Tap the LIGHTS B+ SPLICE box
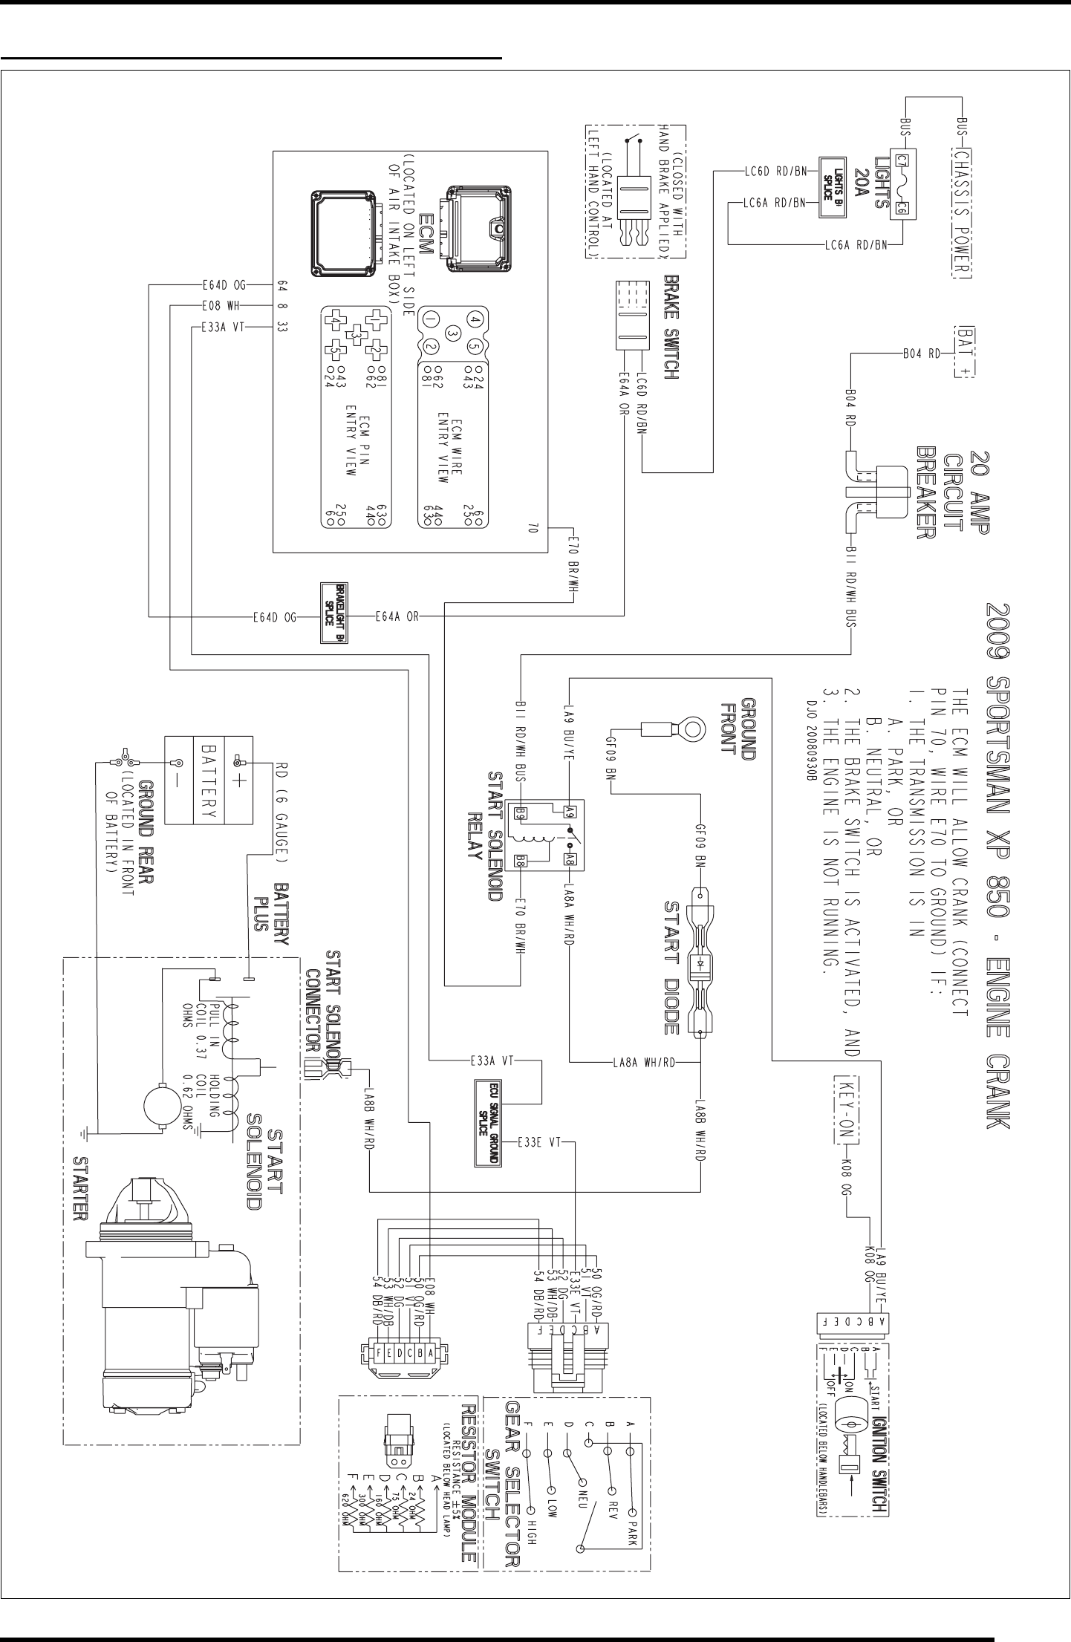(x=833, y=186)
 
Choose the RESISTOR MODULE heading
(x=469, y=1479)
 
